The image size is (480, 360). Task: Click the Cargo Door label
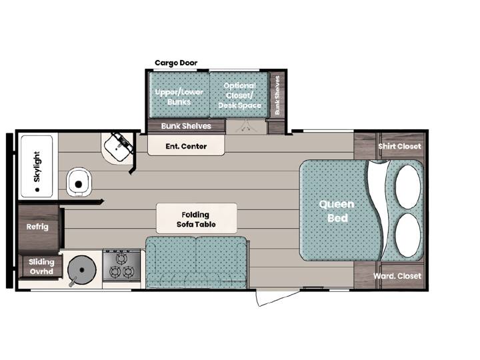click(176, 63)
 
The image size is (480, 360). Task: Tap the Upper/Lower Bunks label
click(179, 97)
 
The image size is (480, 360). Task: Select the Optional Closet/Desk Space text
click(240, 95)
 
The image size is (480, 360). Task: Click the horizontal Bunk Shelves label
click(186, 126)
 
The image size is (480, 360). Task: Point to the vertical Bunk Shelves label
click(277, 95)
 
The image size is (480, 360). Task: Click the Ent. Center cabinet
click(186, 145)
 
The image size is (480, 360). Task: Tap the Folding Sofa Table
click(196, 219)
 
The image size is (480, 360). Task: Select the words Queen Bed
click(337, 211)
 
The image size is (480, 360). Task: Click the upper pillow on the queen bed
click(408, 187)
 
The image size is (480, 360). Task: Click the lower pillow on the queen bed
click(408, 235)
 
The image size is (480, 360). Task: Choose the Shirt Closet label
click(399, 146)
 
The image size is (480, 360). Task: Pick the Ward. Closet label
click(397, 276)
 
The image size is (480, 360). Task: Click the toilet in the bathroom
click(79, 183)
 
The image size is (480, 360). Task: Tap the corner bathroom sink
click(118, 148)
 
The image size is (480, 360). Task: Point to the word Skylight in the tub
click(37, 167)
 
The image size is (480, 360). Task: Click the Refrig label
click(37, 227)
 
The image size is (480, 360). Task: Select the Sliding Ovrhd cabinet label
click(41, 267)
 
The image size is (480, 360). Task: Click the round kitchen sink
click(82, 270)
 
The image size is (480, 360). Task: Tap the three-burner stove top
click(121, 265)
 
